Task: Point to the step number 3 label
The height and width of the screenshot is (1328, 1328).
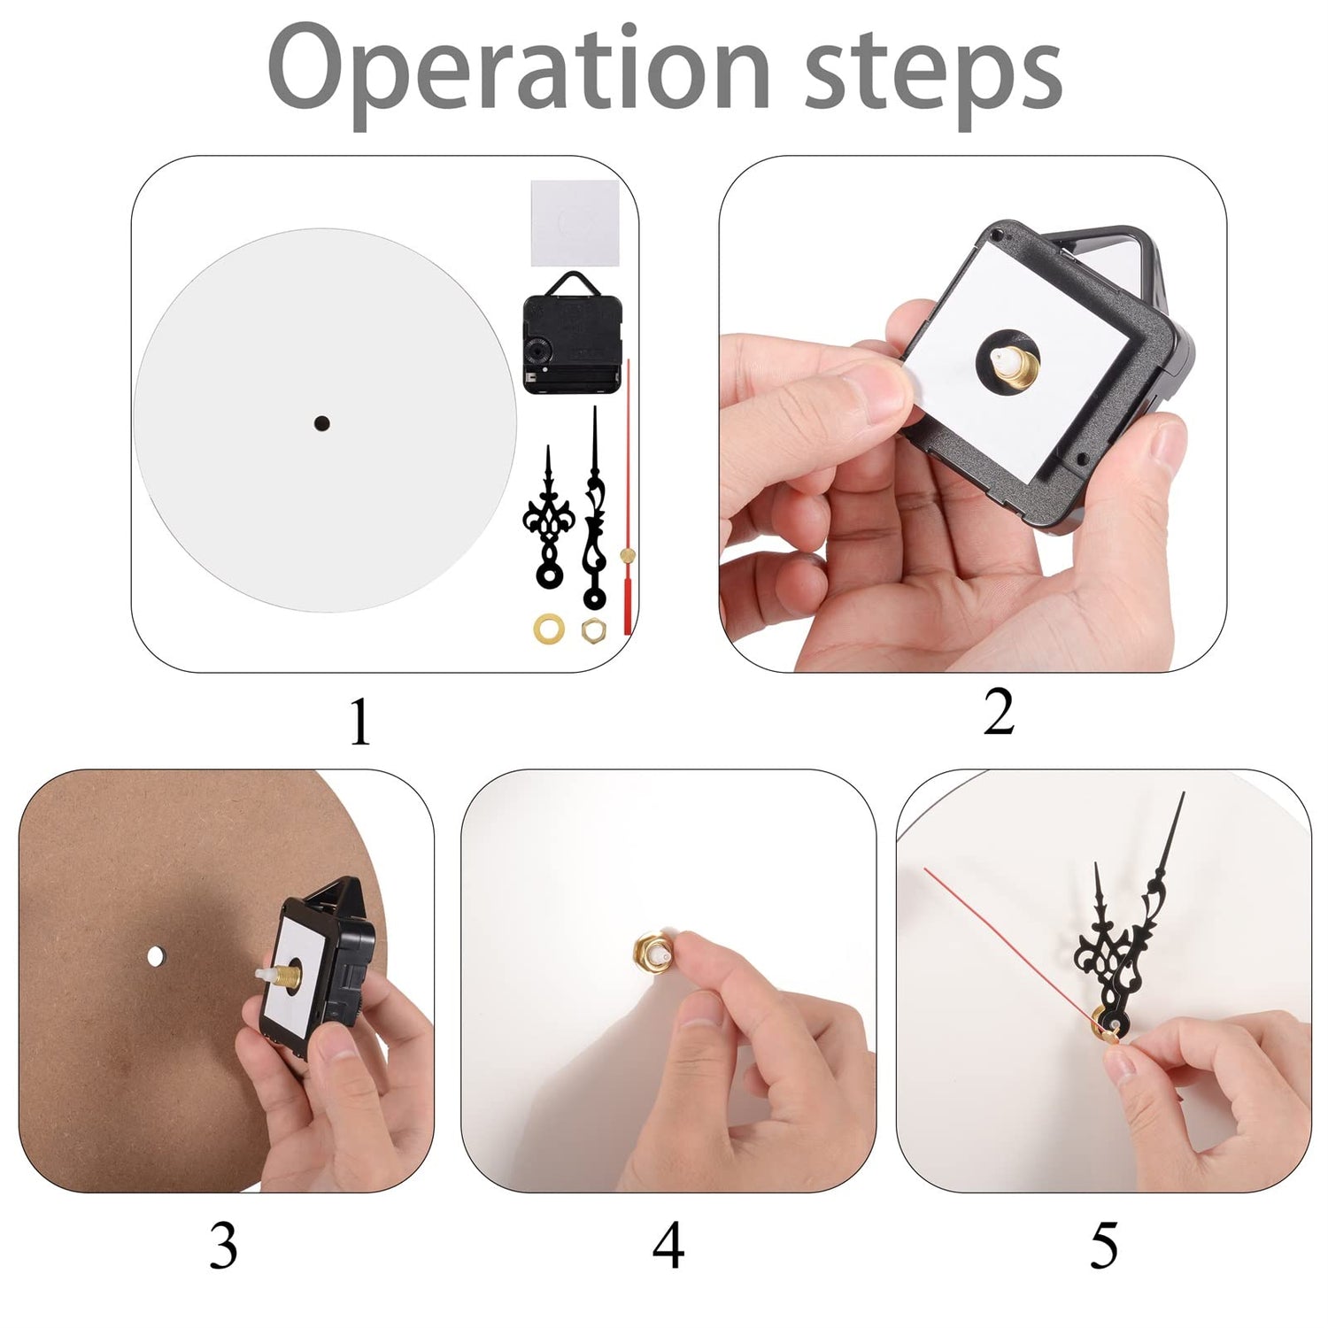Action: (x=224, y=1246)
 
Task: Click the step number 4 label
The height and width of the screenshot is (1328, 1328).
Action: (x=668, y=1246)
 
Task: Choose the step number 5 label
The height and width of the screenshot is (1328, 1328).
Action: (x=1104, y=1246)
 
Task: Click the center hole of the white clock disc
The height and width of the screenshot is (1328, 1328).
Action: (x=321, y=424)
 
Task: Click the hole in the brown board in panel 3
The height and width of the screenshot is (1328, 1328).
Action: (x=156, y=956)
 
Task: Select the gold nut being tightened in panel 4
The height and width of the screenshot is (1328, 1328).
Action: (x=651, y=953)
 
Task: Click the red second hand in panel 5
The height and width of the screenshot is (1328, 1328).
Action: (x=1011, y=944)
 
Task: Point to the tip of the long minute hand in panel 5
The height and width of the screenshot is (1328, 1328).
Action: (x=1184, y=793)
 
